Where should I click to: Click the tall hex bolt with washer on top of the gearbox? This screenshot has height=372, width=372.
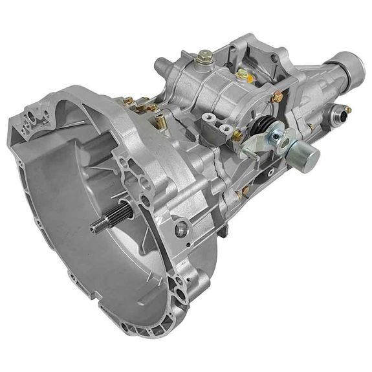(x=203, y=57)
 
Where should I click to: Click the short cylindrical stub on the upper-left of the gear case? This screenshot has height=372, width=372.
(x=161, y=65)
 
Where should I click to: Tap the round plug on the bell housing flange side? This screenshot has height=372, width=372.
(x=182, y=228)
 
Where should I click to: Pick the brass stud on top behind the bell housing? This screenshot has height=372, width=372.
(x=129, y=101)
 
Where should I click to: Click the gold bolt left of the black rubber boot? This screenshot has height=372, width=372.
(x=237, y=135)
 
